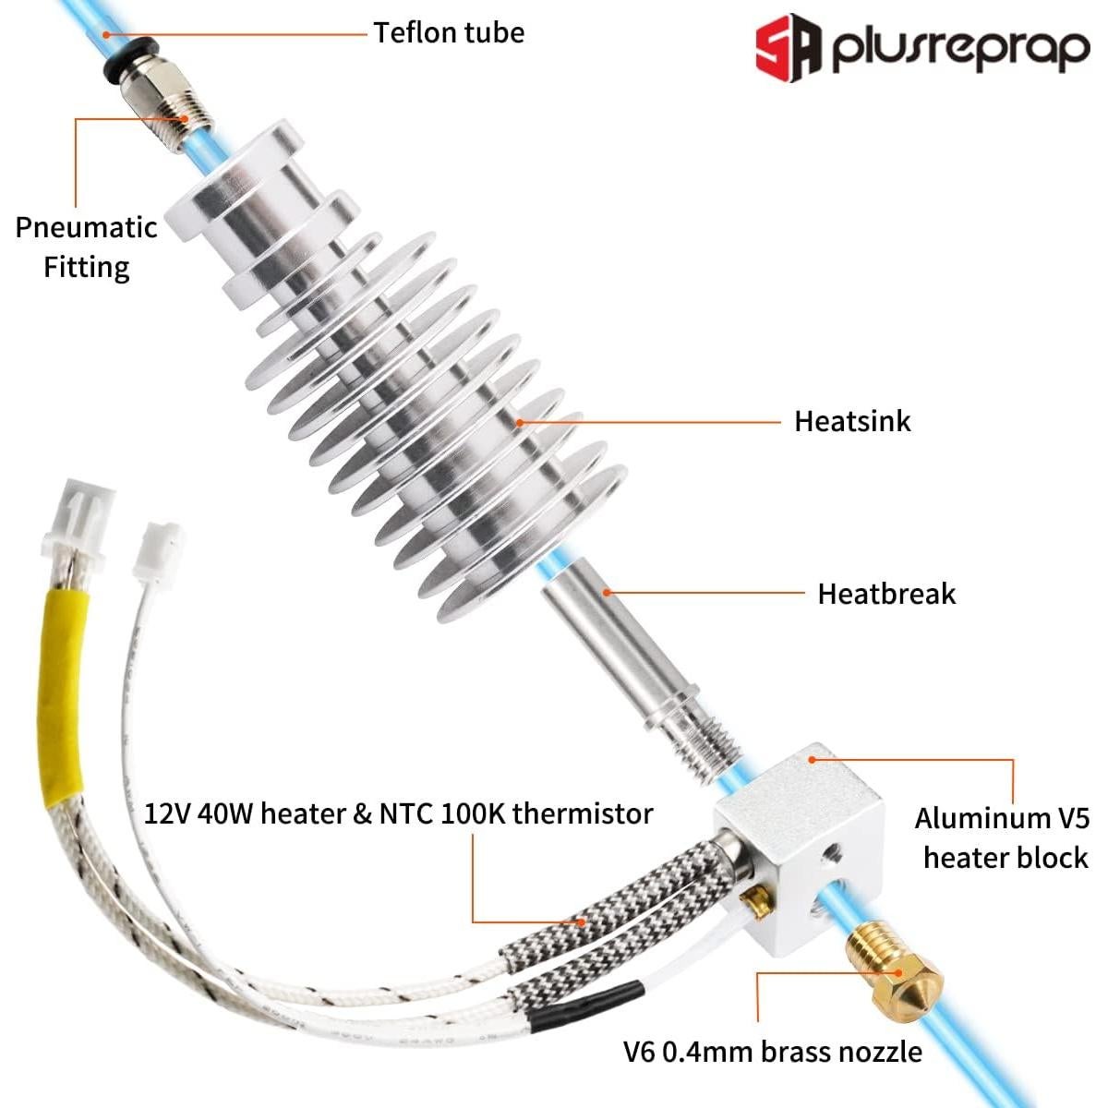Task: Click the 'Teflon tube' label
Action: pos(449,33)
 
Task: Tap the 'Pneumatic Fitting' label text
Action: pos(86,247)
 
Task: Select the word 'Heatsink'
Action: pos(852,421)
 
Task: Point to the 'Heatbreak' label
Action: pos(886,593)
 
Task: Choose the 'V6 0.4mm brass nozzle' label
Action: pos(772,1051)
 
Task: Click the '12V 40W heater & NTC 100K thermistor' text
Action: pos(399,813)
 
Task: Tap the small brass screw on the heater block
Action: pos(759,901)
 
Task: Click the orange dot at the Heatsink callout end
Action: pos(520,422)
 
